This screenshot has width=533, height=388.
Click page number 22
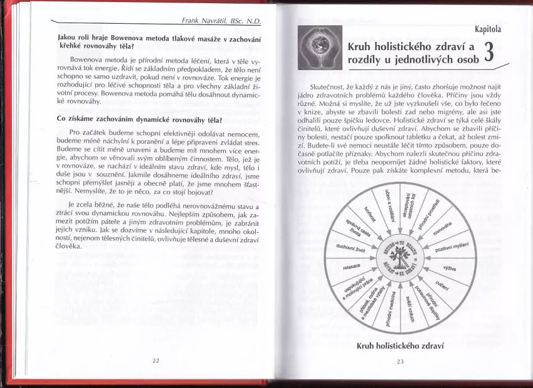click(156, 360)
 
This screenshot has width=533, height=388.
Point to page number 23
click(400, 361)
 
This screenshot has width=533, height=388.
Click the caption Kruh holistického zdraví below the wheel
click(400, 345)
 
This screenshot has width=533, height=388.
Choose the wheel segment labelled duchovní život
click(351, 247)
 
